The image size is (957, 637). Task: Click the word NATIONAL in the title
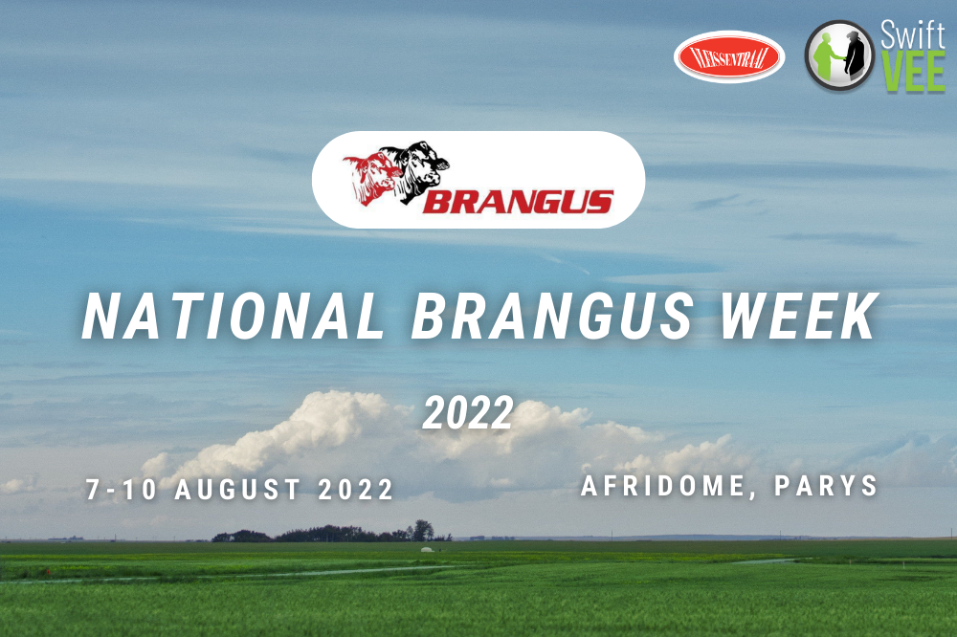235,318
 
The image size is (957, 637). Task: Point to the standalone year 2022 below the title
469,413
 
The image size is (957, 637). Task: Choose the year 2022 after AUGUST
354,491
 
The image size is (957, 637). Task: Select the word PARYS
827,486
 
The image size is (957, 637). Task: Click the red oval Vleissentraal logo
729,57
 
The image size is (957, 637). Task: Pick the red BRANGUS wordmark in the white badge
517,202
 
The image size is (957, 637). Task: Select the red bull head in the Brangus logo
368,178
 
